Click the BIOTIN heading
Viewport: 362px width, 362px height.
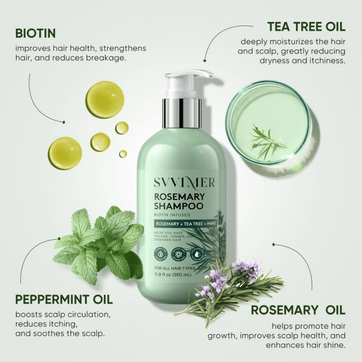click(x=36, y=33)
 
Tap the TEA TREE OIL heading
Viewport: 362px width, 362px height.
click(x=306, y=26)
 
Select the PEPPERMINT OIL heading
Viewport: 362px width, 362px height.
click(x=64, y=299)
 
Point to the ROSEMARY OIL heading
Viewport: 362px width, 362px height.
click(x=298, y=310)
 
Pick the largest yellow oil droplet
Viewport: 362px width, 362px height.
click(x=104, y=99)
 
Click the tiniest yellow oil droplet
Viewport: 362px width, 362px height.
click(x=123, y=154)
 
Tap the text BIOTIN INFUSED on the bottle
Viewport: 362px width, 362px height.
click(x=170, y=215)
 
